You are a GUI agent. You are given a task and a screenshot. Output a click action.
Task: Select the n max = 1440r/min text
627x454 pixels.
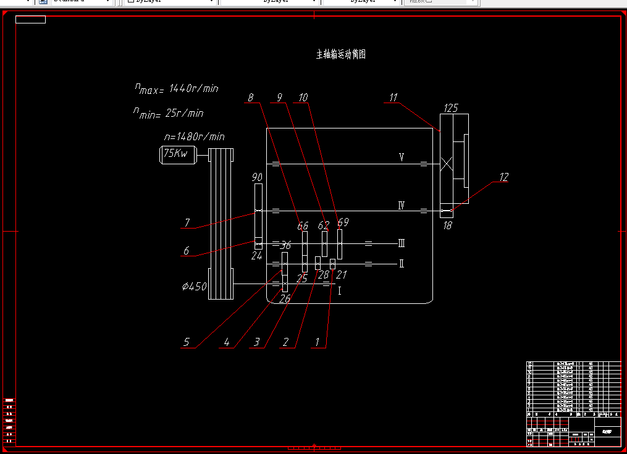coord(177,88)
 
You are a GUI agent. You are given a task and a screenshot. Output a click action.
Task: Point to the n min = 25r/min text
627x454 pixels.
coord(168,113)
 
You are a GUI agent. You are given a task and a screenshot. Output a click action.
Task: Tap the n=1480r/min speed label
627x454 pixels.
coord(194,137)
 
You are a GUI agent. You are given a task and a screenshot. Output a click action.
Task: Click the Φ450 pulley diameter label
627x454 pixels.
coord(194,287)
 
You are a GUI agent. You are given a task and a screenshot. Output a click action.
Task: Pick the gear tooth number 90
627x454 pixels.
coord(257,177)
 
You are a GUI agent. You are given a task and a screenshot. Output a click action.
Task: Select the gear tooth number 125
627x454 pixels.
coord(451,108)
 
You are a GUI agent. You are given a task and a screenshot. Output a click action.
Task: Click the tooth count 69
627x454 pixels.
coord(343,222)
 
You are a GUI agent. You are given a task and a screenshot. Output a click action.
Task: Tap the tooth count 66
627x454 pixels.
coord(303,226)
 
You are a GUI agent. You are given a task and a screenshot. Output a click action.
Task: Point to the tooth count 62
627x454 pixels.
coord(324,226)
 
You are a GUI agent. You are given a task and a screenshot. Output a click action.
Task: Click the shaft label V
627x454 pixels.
coord(402,158)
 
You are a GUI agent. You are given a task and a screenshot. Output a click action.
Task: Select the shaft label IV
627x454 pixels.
coord(401,205)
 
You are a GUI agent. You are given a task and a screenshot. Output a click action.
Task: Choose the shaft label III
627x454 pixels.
coord(402,243)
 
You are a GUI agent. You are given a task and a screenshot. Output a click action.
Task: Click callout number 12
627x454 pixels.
coord(503,177)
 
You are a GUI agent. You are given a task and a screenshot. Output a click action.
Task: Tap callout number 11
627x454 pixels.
coord(393,97)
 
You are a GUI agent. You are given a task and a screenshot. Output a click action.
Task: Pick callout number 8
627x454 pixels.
coord(250,98)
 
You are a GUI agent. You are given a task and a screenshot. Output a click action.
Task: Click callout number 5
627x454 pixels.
coord(186,342)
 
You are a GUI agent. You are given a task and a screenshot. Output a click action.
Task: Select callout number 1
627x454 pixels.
coord(318,342)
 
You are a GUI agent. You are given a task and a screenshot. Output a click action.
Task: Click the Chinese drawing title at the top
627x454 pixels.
coord(341,54)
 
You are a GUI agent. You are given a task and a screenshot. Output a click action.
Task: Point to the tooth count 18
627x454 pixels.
coord(447,225)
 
